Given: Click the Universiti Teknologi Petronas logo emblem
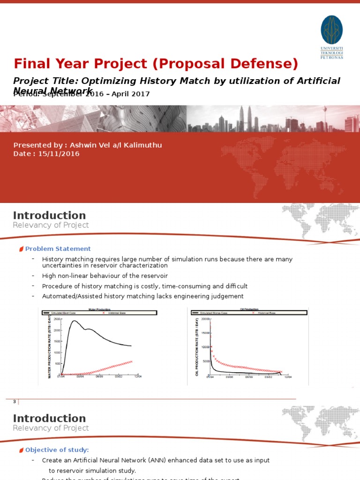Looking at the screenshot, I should (331, 30).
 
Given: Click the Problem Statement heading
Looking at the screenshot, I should (58, 249).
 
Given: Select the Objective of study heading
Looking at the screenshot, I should (57, 450).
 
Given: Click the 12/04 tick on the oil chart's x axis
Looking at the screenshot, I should (287, 376).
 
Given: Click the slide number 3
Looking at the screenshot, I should (15, 402).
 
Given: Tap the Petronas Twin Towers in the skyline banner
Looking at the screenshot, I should (245, 117).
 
